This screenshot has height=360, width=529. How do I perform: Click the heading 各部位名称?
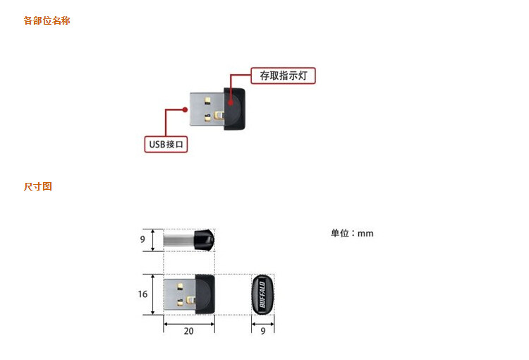(47, 20)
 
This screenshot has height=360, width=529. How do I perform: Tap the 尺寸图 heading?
(37, 186)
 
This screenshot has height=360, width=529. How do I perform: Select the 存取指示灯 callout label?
(283, 76)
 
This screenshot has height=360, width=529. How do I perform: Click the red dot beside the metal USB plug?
(185, 109)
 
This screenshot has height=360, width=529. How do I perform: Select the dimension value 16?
(143, 294)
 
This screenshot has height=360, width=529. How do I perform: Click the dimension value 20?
(188, 330)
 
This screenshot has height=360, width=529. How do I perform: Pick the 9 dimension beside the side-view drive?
(142, 239)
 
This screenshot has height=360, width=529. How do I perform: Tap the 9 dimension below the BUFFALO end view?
(263, 330)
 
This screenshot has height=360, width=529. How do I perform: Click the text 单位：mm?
(352, 233)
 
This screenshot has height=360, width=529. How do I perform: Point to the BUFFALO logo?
(262, 294)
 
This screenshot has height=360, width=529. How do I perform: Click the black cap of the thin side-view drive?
(205, 239)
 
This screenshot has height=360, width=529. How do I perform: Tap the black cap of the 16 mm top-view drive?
(205, 294)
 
